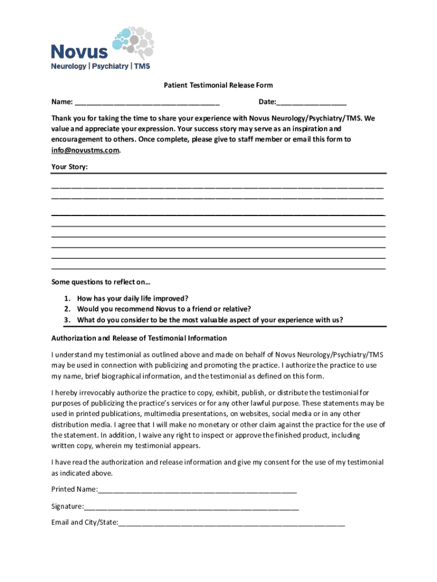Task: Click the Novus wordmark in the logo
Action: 79,52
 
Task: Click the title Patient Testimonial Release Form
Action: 218,85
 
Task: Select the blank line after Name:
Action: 146,103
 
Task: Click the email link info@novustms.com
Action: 86,151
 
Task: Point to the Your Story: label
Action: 70,167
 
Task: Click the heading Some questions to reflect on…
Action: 100,282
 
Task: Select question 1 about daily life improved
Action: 132,298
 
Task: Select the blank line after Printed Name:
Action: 197,489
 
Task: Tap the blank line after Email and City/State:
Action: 232,522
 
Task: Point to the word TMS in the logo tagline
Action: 142,66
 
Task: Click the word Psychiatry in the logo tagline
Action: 110,66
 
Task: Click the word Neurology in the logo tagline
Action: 69,66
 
